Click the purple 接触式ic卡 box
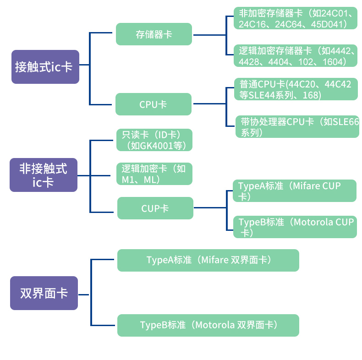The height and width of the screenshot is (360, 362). (45, 67)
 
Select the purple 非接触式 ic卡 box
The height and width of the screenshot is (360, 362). (44, 175)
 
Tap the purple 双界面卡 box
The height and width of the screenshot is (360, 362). (44, 293)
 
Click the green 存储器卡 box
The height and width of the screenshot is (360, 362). (154, 34)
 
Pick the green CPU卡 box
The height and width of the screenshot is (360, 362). (153, 104)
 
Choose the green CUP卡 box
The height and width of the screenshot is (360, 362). (155, 208)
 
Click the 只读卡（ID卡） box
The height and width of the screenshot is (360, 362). (154, 140)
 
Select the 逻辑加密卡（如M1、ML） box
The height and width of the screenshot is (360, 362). (154, 174)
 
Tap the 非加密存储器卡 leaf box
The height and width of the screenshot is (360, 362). (295, 19)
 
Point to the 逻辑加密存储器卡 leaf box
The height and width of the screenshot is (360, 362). (295, 56)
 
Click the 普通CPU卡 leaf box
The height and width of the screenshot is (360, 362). (295, 90)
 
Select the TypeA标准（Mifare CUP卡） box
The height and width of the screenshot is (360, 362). (294, 191)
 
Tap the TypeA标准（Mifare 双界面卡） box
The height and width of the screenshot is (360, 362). (208, 260)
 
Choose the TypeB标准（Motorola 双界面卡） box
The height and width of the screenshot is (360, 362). (208, 325)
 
